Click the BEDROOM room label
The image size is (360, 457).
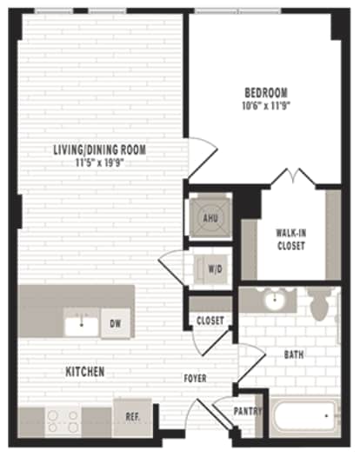267,93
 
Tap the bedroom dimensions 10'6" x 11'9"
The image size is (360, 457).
267,106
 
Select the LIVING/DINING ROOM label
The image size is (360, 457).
99,149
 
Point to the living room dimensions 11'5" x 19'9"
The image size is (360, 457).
99,162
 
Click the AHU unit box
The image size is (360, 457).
210,216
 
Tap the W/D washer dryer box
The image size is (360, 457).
212,268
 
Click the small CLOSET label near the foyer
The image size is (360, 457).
210,321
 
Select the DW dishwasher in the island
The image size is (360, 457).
115,325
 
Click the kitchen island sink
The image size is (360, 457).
83,325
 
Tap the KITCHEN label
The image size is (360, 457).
85,372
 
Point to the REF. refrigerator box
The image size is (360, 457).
132,416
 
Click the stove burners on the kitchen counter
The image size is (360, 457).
63,421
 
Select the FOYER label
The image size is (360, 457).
195,379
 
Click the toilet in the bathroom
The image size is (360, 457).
319,305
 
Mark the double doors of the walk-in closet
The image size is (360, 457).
291,179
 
